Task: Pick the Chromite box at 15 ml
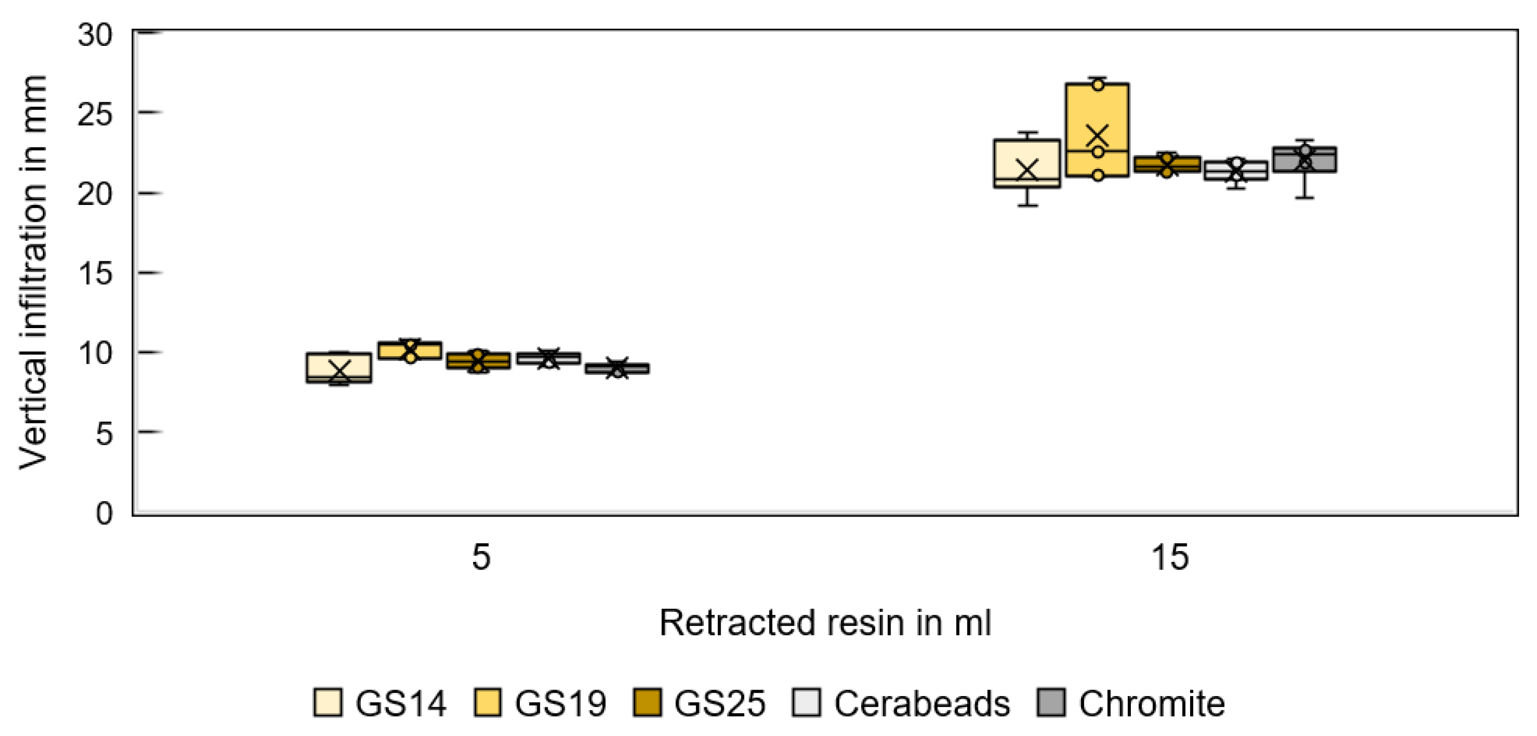pos(1304,160)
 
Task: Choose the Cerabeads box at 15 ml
pos(1235,170)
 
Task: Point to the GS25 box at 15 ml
pos(1167,164)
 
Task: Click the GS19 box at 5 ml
pos(410,351)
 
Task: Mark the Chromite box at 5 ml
pos(617,368)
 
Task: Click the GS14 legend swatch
pos(327,703)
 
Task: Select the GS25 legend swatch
pos(647,703)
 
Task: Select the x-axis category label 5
pos(481,557)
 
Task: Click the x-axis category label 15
pos(1170,557)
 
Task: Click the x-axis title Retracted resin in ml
pos(825,623)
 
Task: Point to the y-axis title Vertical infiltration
pos(33,272)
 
